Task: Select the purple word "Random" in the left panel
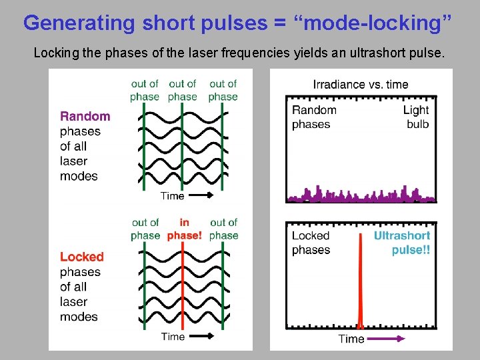pos(85,117)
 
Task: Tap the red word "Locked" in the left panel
pos(82,257)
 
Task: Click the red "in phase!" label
pos(184,229)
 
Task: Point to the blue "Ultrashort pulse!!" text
pos(402,243)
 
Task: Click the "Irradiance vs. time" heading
pos(361,84)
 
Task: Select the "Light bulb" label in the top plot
pos(417,117)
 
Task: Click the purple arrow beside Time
pos(387,339)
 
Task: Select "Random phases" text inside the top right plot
pos(314,117)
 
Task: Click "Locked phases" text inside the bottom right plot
pos(311,243)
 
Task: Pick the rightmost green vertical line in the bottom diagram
pos(222,287)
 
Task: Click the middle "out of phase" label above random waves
pos(183,90)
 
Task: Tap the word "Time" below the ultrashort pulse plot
pos(351,339)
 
